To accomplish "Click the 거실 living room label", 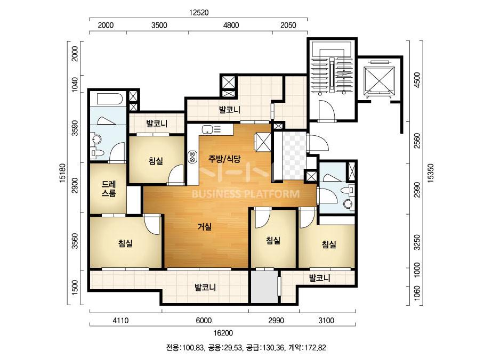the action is pyautogui.click(x=205, y=226).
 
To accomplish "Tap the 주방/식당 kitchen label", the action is pyautogui.click(x=224, y=159).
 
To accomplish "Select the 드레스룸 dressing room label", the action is pyautogui.click(x=109, y=189).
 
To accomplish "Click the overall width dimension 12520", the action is pyautogui.click(x=199, y=13).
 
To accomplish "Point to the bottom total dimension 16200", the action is pyautogui.click(x=223, y=333).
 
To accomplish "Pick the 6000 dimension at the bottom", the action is pyautogui.click(x=204, y=321).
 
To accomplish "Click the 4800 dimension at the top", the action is pyautogui.click(x=231, y=25).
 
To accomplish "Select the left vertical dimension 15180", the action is pyautogui.click(x=63, y=173).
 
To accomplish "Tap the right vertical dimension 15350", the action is pyautogui.click(x=430, y=173).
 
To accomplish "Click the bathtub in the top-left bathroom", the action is pyautogui.click(x=109, y=99).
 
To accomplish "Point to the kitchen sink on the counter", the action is pyautogui.click(x=207, y=129).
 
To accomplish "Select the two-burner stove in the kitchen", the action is pyautogui.click(x=192, y=157).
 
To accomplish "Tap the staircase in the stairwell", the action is pyautogui.click(x=332, y=73).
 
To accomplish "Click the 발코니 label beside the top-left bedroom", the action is pyautogui.click(x=157, y=123).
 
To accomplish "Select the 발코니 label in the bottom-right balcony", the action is pyautogui.click(x=320, y=278).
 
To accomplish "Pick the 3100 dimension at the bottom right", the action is pyautogui.click(x=326, y=321).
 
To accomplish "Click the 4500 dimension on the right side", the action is pyautogui.click(x=417, y=80).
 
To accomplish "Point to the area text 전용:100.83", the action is pyautogui.click(x=185, y=347).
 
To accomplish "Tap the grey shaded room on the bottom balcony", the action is pyautogui.click(x=264, y=287).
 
